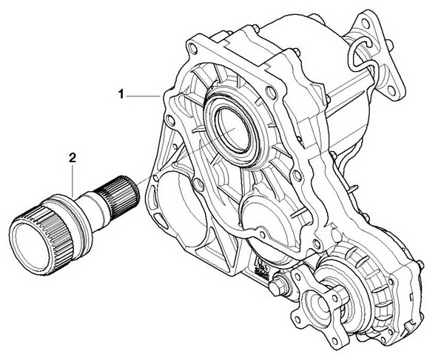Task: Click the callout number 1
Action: (x=121, y=94)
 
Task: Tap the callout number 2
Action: (x=73, y=158)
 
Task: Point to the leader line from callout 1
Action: (x=144, y=96)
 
